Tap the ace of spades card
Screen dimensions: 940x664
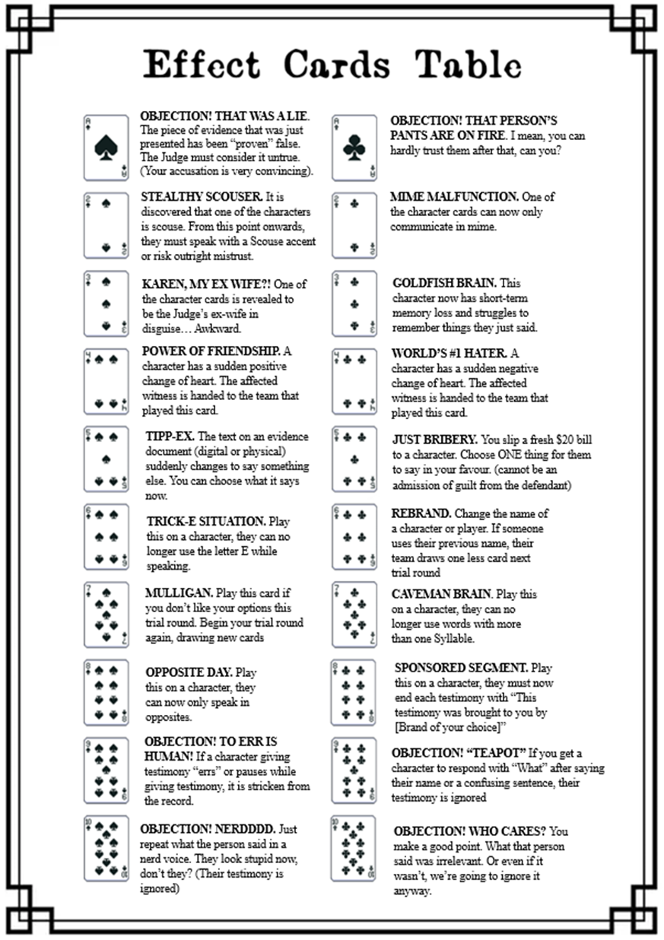coord(106,148)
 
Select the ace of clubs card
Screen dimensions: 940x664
coord(354,148)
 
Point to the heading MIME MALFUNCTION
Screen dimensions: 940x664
coord(454,196)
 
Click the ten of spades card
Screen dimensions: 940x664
coord(106,848)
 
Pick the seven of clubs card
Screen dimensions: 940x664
coord(354,614)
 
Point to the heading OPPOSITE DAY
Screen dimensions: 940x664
coord(189,672)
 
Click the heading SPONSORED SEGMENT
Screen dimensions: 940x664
coord(461,668)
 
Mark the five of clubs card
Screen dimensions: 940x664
coord(354,459)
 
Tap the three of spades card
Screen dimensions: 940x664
coord(106,303)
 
